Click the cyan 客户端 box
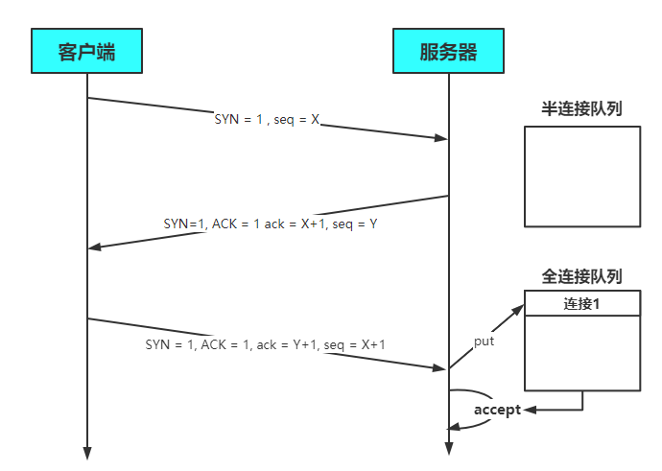[86, 51]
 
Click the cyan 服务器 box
[448, 51]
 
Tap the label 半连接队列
[581, 108]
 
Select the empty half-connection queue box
[581, 177]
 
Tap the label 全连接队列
[581, 276]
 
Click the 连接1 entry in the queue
[581, 304]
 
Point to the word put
[485, 341]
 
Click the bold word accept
[497, 410]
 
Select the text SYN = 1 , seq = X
[267, 122]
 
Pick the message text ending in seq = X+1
[266, 343]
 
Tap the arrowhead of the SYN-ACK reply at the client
[94, 247]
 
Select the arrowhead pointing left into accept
[530, 410]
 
